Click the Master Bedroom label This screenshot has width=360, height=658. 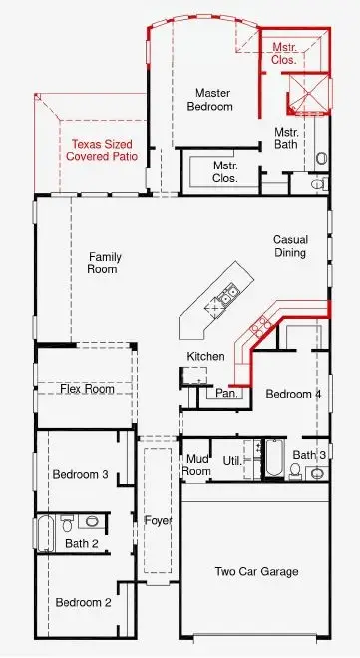pyautogui.click(x=213, y=99)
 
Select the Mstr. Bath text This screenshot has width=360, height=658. pyautogui.click(x=287, y=138)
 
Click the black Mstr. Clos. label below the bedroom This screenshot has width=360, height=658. pyautogui.click(x=225, y=171)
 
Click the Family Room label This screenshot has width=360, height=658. pyautogui.click(x=104, y=263)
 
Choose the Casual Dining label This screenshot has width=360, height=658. pyautogui.click(x=290, y=246)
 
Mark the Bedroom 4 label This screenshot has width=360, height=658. pyautogui.click(x=293, y=394)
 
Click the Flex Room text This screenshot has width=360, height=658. pyautogui.click(x=87, y=389)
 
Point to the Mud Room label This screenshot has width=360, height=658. pyautogui.click(x=197, y=464)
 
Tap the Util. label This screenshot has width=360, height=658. pyautogui.click(x=232, y=461)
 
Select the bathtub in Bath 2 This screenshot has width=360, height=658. pyautogui.click(x=46, y=534)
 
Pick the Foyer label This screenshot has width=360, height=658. pyautogui.click(x=157, y=520)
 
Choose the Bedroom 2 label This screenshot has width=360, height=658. pyautogui.click(x=82, y=602)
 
